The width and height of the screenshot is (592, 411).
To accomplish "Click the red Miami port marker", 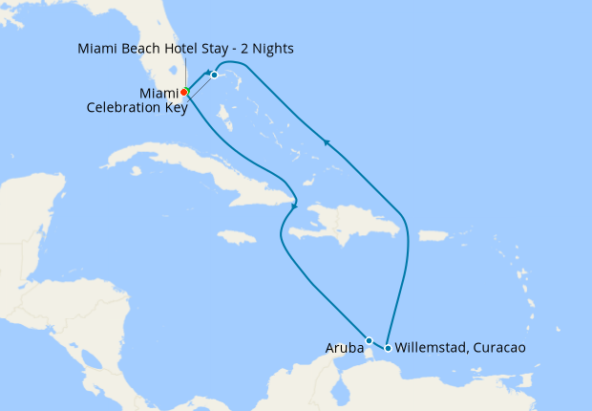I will [x=184, y=92].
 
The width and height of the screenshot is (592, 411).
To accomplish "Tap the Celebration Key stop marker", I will [x=215, y=75].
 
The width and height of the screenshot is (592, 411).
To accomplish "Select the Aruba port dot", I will [x=369, y=339].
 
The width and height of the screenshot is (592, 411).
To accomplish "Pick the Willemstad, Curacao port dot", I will [x=387, y=348].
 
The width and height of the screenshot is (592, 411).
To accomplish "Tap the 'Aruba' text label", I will [x=345, y=348].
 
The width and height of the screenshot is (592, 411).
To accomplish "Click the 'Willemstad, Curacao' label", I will [x=459, y=348].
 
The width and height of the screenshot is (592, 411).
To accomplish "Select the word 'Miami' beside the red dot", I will [x=159, y=93].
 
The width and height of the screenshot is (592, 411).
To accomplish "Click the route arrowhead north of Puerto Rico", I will [x=327, y=143].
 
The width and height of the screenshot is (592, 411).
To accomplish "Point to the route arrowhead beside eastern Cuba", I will [x=294, y=205].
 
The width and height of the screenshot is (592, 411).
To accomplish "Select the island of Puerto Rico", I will [x=433, y=235].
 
